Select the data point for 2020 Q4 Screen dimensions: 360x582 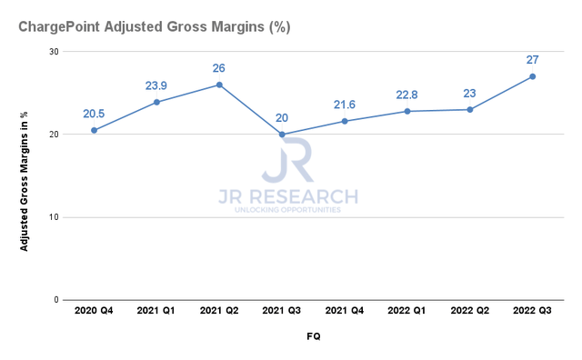pos(94,130)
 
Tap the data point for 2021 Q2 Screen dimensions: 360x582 pos(219,85)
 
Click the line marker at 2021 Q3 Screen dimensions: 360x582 pos(282,135)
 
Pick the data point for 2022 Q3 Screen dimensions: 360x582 pos(532,76)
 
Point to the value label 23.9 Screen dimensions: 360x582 pos(156,86)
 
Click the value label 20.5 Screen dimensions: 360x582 pos(94,115)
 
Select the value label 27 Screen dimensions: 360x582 pos(532,60)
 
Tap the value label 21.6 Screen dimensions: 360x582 pos(345,105)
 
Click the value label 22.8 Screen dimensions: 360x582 pos(406,95)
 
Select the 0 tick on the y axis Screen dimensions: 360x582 pos(56,300)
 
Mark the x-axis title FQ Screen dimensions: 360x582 pos(313,336)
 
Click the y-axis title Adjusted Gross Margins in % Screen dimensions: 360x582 pos(25,175)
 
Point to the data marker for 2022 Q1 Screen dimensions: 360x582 pos(406,111)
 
